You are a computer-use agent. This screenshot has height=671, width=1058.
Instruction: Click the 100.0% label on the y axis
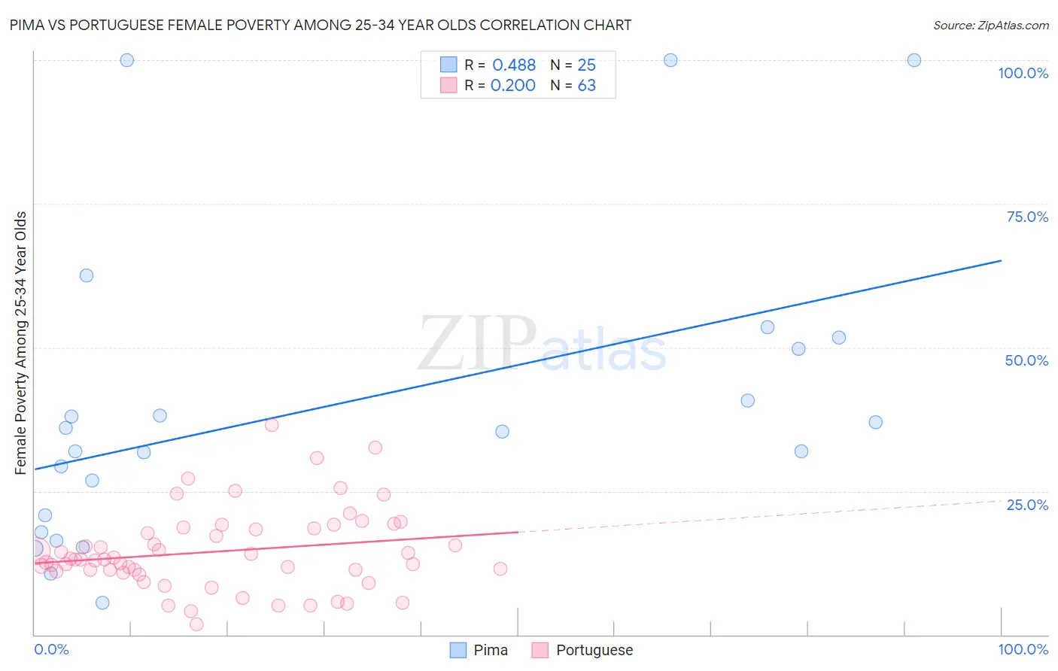pyautogui.click(x=1023, y=73)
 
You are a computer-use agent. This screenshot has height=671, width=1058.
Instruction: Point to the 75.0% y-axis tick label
pyautogui.click(x=1027, y=217)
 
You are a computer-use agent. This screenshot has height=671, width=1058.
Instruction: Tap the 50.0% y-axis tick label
pyautogui.click(x=1026, y=360)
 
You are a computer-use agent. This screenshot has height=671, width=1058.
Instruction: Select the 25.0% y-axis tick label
pyautogui.click(x=1027, y=505)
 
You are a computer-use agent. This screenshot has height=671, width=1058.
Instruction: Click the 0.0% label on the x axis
pyautogui.click(x=51, y=649)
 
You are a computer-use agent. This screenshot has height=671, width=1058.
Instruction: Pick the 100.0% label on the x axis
pyautogui.click(x=1023, y=649)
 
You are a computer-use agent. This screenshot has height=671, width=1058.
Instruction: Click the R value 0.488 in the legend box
pyautogui.click(x=514, y=65)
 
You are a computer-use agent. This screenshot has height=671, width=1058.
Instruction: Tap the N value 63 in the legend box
pyautogui.click(x=586, y=86)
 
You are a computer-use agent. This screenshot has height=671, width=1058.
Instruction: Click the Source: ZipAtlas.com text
pyautogui.click(x=990, y=25)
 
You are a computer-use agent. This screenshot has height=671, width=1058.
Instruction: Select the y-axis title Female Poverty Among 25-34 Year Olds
pyautogui.click(x=21, y=343)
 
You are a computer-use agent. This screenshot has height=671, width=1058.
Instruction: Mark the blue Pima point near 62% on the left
pyautogui.click(x=87, y=275)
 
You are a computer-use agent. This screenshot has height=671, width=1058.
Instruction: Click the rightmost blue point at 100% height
pyautogui.click(x=914, y=60)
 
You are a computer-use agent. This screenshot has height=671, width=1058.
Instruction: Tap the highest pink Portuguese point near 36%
pyautogui.click(x=272, y=425)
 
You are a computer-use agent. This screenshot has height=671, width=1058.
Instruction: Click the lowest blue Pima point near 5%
pyautogui.click(x=102, y=603)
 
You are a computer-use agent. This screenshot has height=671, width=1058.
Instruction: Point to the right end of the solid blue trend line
pyautogui.click(x=1001, y=260)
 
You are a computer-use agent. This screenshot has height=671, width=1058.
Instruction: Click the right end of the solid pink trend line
pyautogui.click(x=518, y=532)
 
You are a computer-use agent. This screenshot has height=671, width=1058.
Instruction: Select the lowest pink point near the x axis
pyautogui.click(x=196, y=624)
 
